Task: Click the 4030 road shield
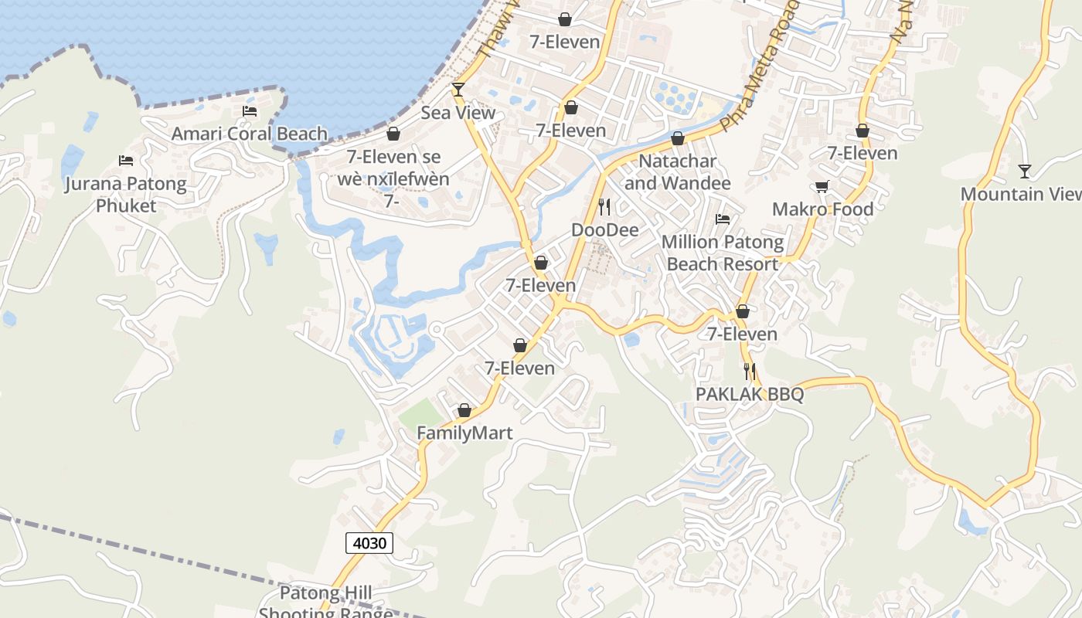pos(369,543)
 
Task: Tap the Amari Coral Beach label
pos(250,134)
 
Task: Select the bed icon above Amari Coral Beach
pos(250,111)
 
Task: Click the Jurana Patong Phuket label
pos(125,195)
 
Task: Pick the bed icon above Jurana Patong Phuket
pos(126,161)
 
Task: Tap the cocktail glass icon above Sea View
pos(458,90)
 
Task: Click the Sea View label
pos(458,113)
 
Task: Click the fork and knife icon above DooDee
pos(604,206)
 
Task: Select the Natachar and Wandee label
pos(678,172)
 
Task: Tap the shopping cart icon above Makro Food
pos(822,187)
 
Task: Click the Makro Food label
pos(823,209)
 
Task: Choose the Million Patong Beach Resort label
pos(723,253)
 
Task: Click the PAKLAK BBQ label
pos(750,394)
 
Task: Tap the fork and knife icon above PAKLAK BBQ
pos(749,372)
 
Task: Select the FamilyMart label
pos(464,433)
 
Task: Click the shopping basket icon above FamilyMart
pos(464,410)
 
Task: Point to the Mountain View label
pos(1020,194)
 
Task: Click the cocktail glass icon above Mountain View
pos(1025,171)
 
